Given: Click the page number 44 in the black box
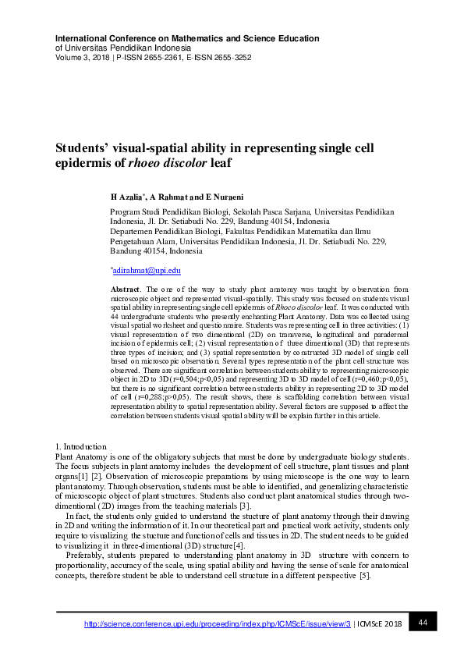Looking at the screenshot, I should [x=423, y=622].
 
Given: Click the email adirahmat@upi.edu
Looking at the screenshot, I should [x=147, y=270].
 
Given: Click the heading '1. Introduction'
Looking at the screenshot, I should [x=82, y=446].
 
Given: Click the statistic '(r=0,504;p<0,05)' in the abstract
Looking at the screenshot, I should [x=201, y=378].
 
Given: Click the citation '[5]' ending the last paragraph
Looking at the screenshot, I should [x=363, y=576].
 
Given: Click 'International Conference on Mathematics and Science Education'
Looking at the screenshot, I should [x=187, y=38].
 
